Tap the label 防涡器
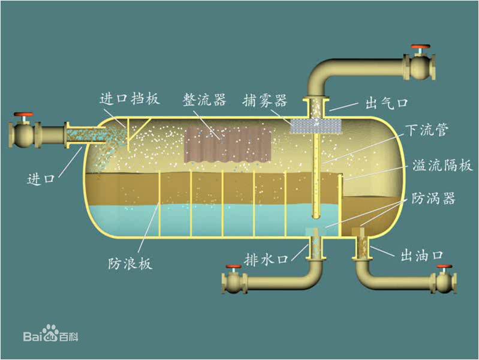click(433, 199)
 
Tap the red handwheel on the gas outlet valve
click(420, 47)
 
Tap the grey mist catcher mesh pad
click(316, 125)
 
